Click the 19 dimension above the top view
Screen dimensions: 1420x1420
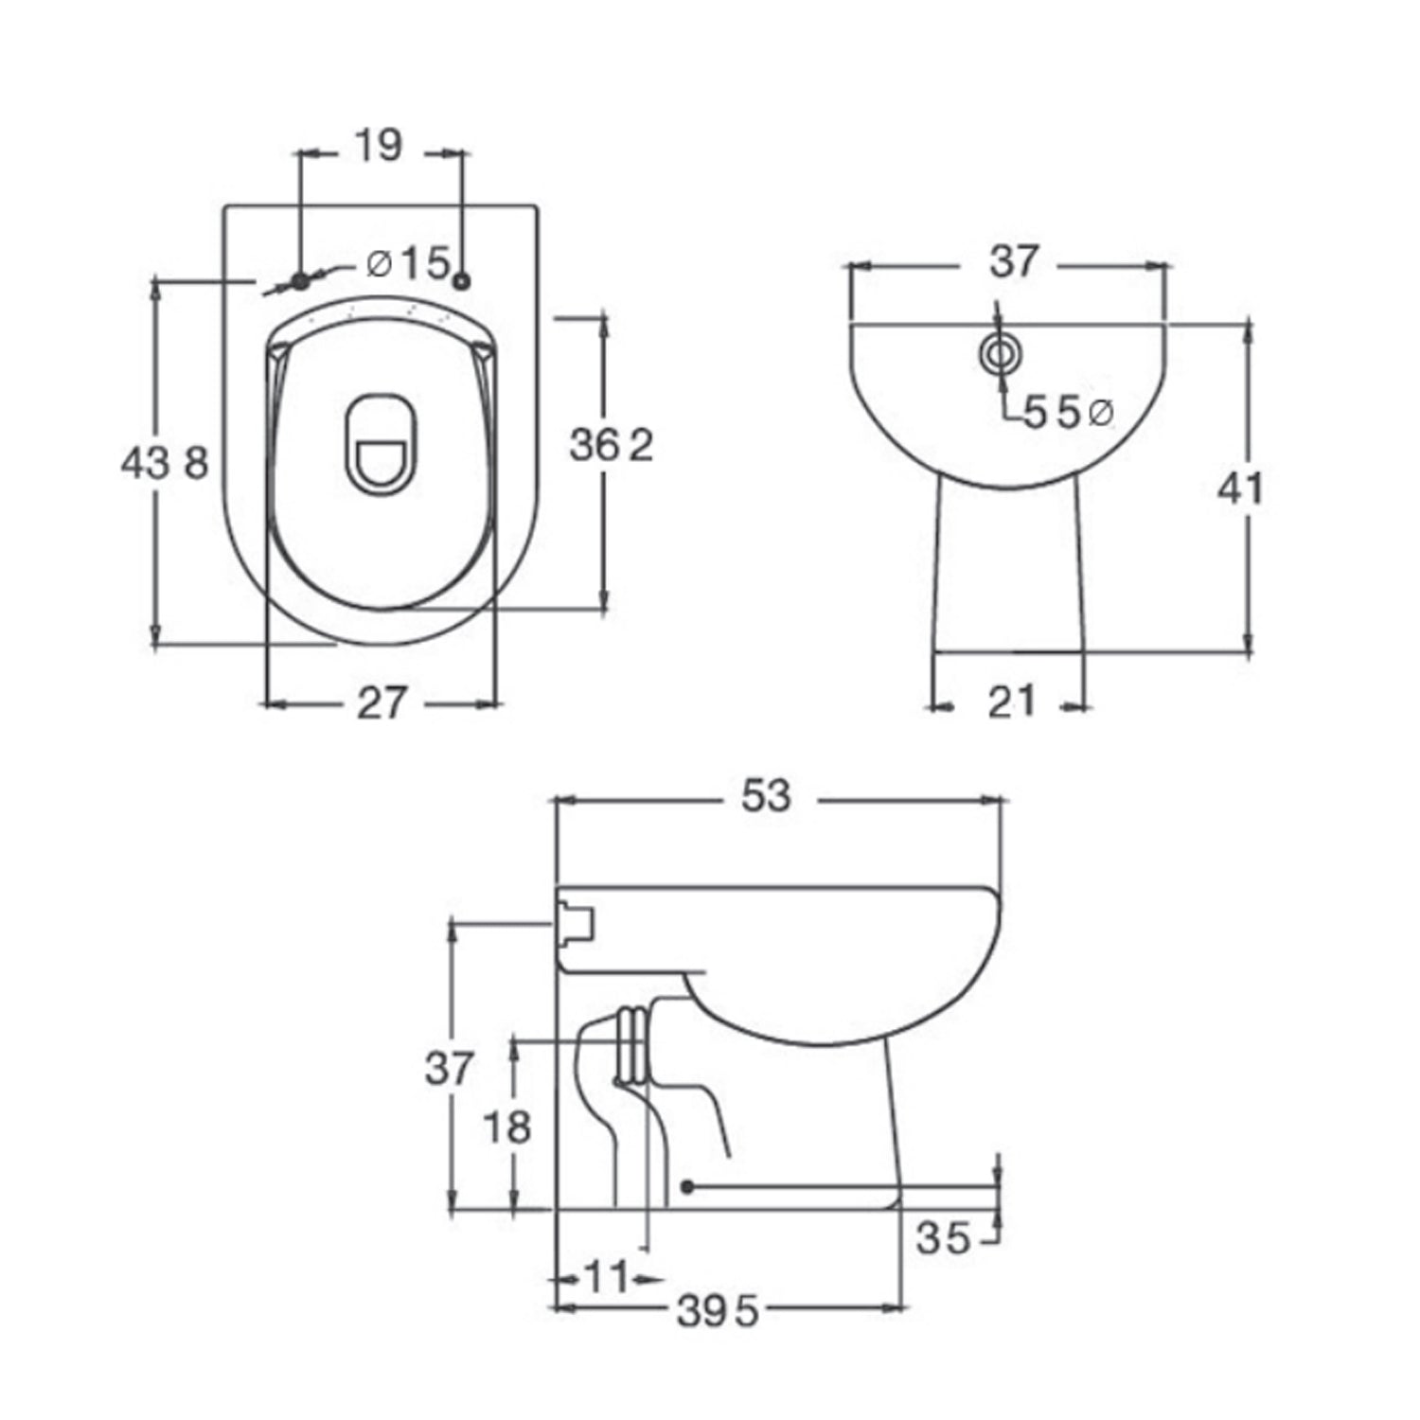click(x=380, y=147)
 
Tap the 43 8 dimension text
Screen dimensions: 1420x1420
click(x=164, y=464)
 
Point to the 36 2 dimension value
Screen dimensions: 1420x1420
click(x=612, y=445)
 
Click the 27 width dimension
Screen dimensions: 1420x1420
click(x=381, y=703)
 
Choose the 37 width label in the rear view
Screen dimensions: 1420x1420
click(x=1014, y=262)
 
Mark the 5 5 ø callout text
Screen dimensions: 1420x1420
click(x=1067, y=414)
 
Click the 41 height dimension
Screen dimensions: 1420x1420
click(x=1240, y=488)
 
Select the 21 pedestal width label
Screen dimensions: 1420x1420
click(x=1011, y=702)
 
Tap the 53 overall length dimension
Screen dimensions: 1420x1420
click(x=765, y=797)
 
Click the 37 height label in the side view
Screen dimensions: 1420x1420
click(x=448, y=1069)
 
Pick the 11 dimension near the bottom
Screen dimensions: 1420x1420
click(x=606, y=1278)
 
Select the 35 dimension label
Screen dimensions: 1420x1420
click(x=943, y=1238)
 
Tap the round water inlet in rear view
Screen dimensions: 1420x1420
click(x=1000, y=354)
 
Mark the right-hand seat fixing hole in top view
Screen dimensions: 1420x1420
click(x=462, y=280)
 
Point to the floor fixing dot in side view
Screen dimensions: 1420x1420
click(x=688, y=1186)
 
